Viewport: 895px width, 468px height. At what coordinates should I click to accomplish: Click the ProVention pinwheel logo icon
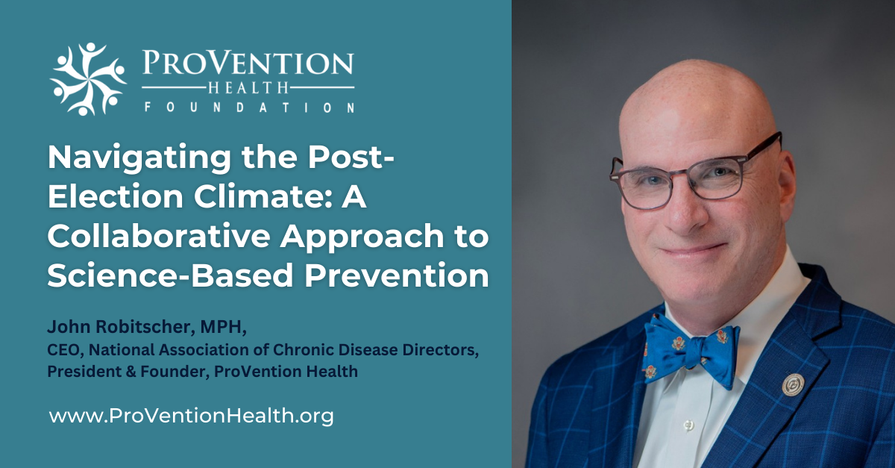[88, 79]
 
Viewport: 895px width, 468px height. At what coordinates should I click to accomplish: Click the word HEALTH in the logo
[248, 87]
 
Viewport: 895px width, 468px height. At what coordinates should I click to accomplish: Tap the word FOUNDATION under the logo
[249, 107]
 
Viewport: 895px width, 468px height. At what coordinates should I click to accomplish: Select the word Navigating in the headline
[139, 159]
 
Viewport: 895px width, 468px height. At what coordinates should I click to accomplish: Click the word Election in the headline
[116, 197]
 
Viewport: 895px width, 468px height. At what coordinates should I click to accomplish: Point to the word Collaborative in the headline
[159, 236]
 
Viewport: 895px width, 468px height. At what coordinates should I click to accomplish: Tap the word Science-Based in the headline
[171, 275]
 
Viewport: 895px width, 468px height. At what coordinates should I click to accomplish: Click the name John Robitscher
[121, 327]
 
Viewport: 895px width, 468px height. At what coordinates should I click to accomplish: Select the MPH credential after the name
[223, 327]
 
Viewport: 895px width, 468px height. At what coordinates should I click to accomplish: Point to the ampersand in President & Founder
[131, 372]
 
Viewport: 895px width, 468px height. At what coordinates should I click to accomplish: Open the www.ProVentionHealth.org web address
[192, 416]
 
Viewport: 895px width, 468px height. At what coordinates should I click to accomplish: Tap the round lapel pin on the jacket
[794, 384]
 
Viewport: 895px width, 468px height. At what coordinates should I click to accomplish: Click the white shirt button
[688, 425]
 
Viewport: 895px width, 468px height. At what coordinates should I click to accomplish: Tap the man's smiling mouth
[692, 250]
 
